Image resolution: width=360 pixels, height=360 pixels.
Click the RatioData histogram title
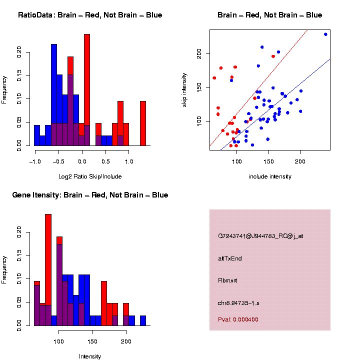pos(90,15)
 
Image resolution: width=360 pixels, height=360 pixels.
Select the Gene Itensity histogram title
pos(90,195)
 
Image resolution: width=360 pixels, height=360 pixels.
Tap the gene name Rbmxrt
pos(227,280)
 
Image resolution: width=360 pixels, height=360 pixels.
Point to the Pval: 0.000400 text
pos(238,319)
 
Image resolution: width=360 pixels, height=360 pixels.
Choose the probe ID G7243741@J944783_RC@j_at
pos(260,236)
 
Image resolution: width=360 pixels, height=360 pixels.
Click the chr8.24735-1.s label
pos(238,302)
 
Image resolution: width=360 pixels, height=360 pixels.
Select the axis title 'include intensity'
pos(270,176)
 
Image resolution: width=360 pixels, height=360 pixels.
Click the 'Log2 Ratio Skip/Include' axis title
pos(90,176)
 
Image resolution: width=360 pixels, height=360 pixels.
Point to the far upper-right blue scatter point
pos(325,34)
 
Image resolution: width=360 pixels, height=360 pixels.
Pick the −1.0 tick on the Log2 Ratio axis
pos(34,162)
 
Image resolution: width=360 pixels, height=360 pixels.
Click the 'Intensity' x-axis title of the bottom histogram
pos(90,356)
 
